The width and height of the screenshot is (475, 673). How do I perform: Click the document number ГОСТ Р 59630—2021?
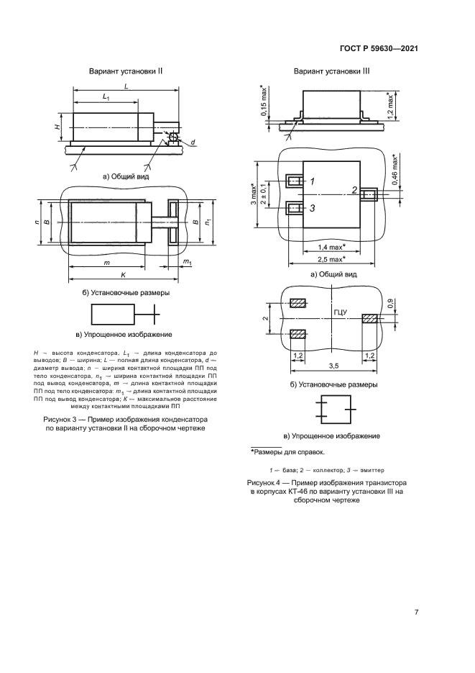pos(379,48)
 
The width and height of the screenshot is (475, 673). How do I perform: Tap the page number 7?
pos(417,613)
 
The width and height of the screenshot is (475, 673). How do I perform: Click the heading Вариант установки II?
pos(126,72)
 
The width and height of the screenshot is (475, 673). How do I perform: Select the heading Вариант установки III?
pos(332,72)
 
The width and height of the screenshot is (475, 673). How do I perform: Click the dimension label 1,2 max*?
pos(389,105)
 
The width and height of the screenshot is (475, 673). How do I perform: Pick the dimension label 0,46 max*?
pos(395,168)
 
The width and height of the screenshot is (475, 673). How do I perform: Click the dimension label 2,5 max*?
pos(332,258)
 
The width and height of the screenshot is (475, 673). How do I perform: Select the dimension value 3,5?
pos(333,366)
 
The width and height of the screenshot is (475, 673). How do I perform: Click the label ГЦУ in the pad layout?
pos(340,312)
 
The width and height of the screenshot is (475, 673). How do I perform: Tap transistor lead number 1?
pos(313,181)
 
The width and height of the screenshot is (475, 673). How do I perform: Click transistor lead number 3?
pos(313,209)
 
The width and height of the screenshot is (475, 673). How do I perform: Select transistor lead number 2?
pos(354,191)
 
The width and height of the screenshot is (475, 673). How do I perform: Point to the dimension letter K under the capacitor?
pos(124,275)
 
